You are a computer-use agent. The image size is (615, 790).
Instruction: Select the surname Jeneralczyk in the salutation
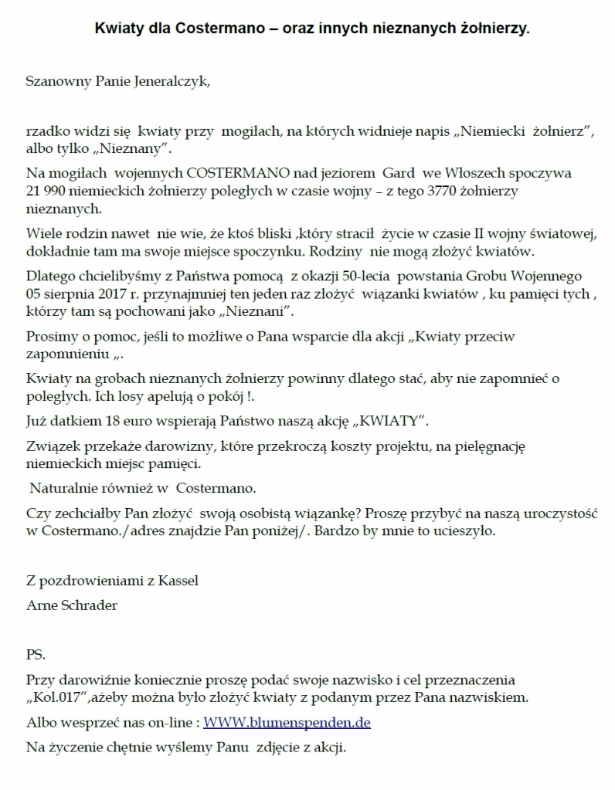168,80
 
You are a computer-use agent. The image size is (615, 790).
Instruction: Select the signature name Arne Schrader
72,605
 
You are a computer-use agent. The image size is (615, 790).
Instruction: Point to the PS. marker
36,655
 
